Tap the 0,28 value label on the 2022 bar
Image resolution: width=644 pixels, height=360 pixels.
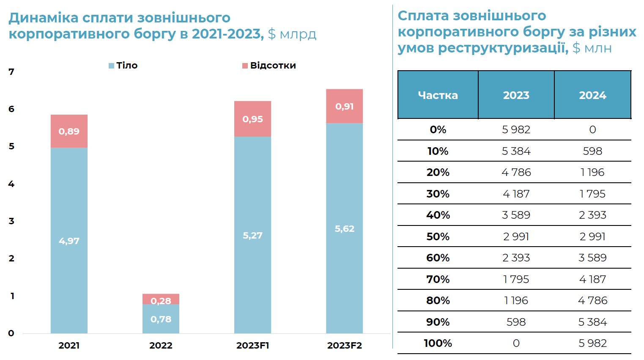(x=161, y=301)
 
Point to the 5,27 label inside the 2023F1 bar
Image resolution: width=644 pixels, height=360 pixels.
(x=252, y=235)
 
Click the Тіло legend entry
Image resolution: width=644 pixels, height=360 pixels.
(x=123, y=66)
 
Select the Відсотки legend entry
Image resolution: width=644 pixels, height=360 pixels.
(x=269, y=66)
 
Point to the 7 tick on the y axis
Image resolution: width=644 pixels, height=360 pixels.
(x=11, y=72)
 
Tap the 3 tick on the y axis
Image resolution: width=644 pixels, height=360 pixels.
(x=11, y=221)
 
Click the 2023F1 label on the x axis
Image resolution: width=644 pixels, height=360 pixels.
(x=252, y=346)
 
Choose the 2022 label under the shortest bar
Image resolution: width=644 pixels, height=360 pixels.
(x=161, y=346)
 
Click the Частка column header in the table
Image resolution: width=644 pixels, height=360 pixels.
(x=438, y=95)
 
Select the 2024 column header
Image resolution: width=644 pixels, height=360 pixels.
(x=592, y=95)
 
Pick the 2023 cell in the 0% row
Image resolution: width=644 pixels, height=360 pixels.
(x=516, y=130)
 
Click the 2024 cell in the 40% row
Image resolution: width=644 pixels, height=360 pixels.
(x=592, y=215)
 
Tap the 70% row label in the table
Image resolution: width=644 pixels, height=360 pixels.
(x=438, y=279)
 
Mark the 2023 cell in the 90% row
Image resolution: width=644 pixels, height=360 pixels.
(x=516, y=322)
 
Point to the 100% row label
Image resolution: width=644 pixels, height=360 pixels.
(x=438, y=343)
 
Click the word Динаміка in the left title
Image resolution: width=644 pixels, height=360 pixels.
(x=44, y=18)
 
